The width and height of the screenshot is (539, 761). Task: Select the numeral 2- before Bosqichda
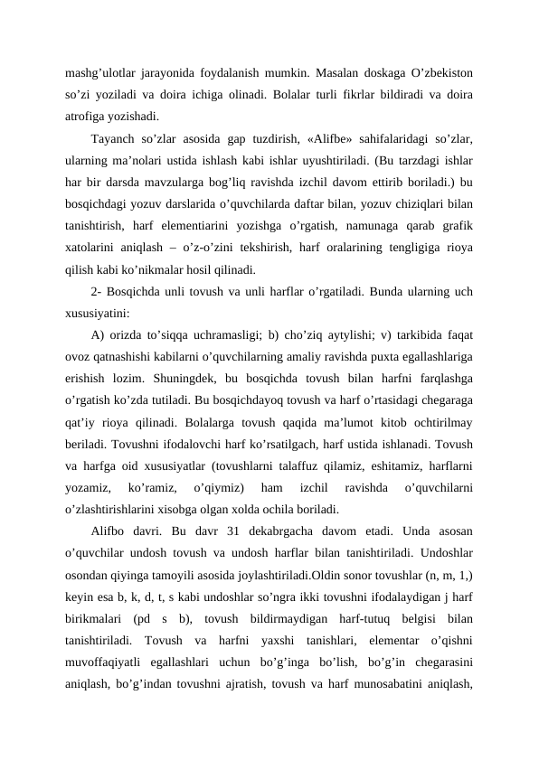pyautogui.click(x=97, y=291)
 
